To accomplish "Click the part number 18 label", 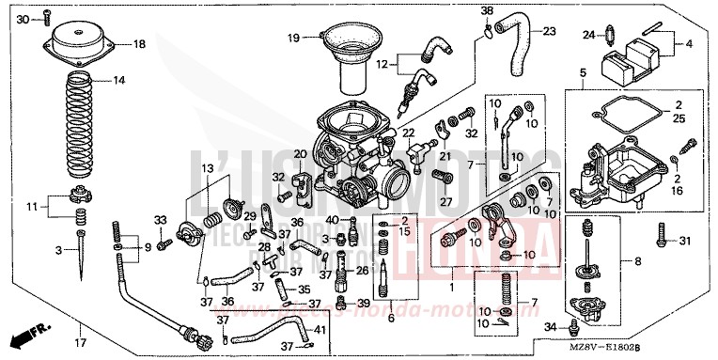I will coord(139,44).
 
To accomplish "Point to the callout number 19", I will coord(293,38).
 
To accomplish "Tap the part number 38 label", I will coord(486,10).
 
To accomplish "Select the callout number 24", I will coord(588,36).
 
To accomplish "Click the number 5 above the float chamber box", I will coord(583,72).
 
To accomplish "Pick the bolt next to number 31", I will coord(663,241).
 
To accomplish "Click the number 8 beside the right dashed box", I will coord(638,261).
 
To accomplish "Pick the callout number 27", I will coord(445,200).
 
